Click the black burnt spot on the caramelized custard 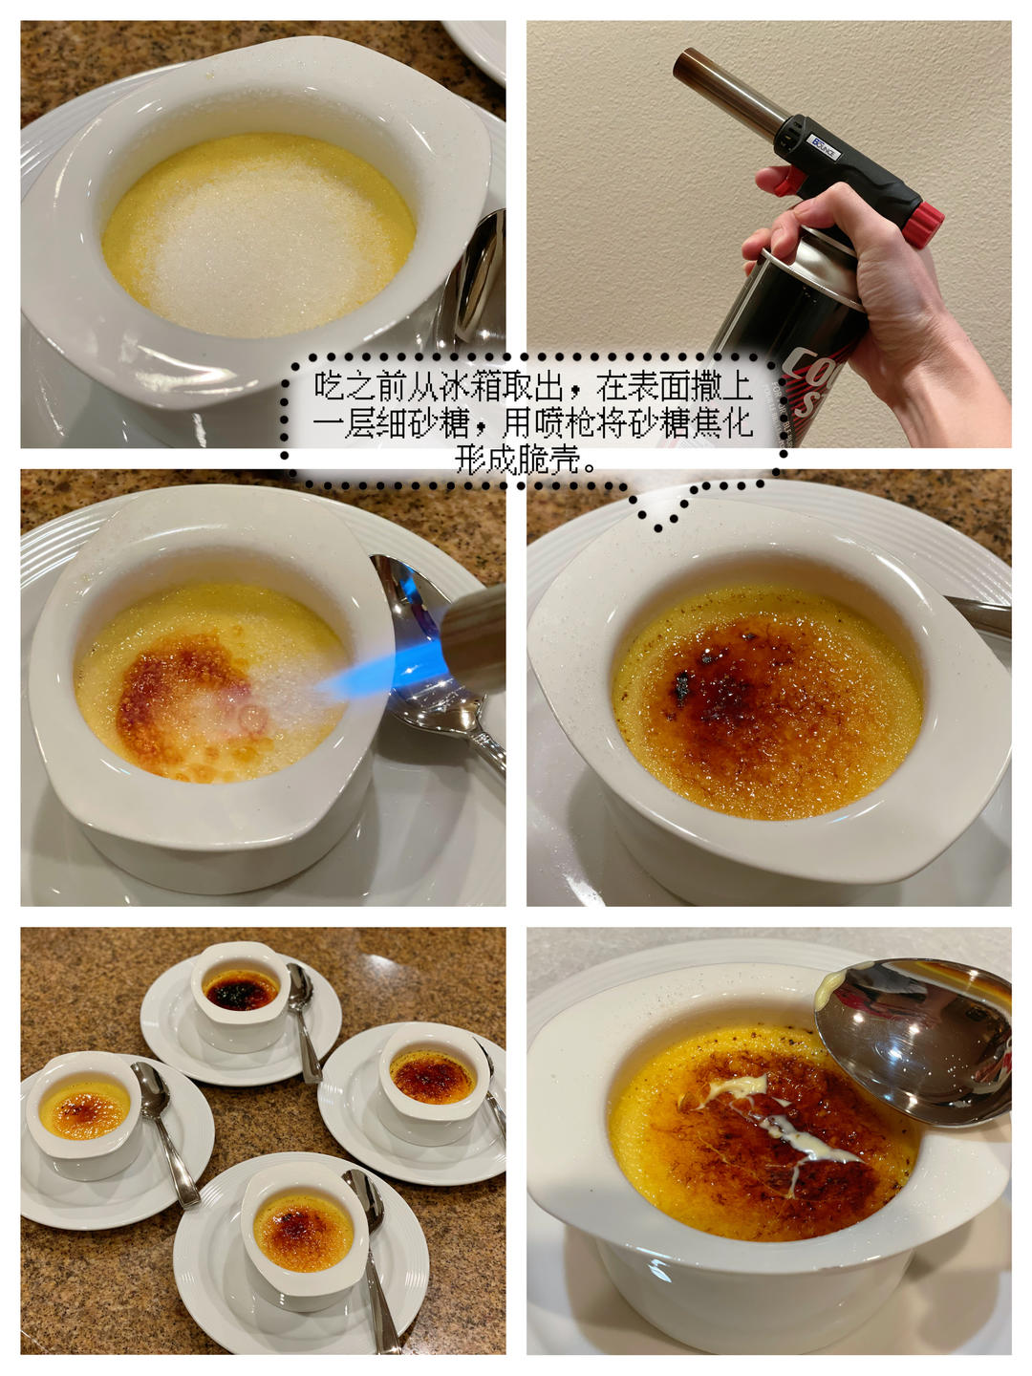(x=681, y=685)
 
